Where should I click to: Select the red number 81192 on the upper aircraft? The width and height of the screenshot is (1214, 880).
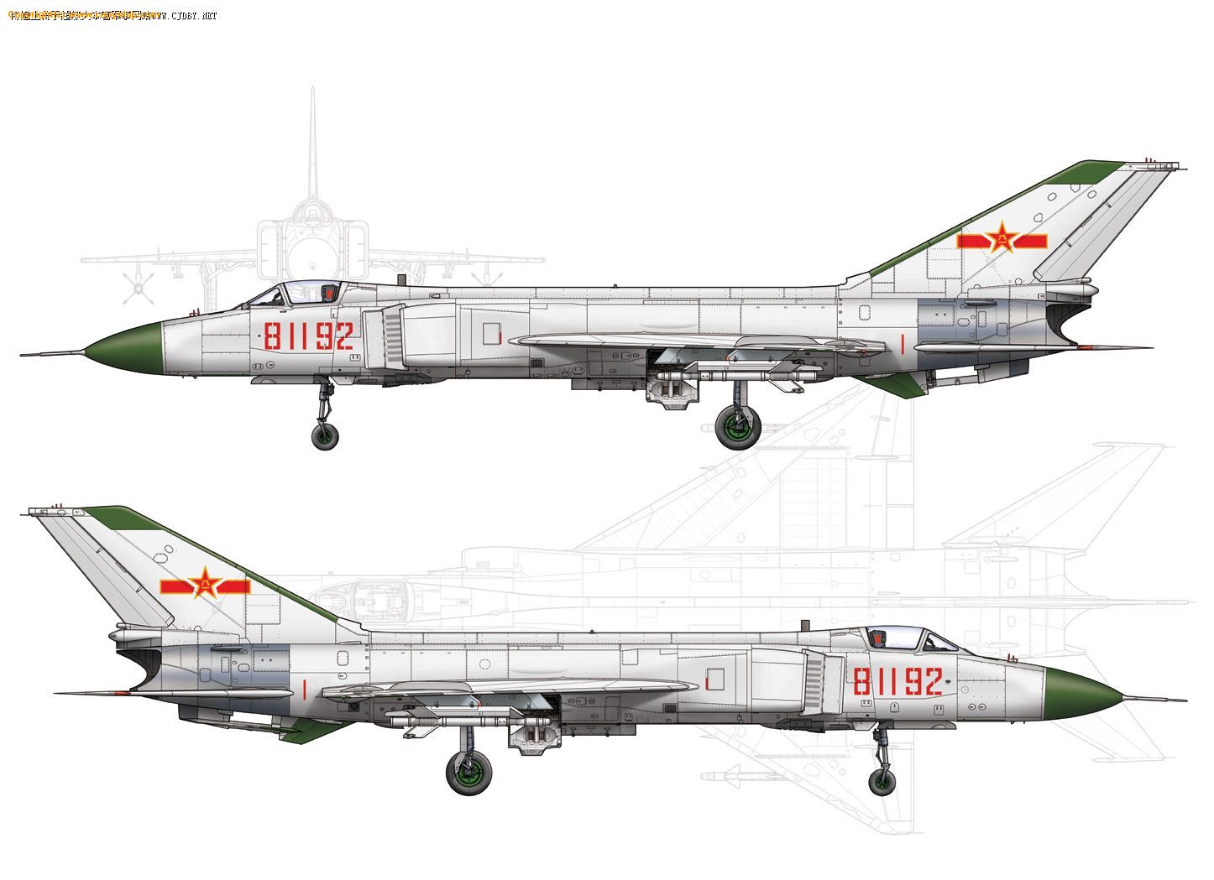click(308, 336)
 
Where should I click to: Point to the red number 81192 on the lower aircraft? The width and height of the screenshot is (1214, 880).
click(897, 681)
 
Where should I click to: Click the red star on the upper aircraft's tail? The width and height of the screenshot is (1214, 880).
click(1002, 240)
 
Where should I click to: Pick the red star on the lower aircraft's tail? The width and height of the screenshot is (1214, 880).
click(204, 584)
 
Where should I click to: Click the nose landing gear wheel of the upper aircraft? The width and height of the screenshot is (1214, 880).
click(325, 436)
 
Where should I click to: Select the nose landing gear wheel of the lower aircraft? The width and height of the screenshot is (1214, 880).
click(882, 782)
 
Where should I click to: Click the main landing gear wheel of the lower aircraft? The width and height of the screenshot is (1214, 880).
click(469, 773)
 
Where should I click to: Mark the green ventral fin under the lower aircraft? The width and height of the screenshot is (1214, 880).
click(317, 730)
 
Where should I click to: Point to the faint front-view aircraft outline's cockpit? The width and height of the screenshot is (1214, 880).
click(311, 214)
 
